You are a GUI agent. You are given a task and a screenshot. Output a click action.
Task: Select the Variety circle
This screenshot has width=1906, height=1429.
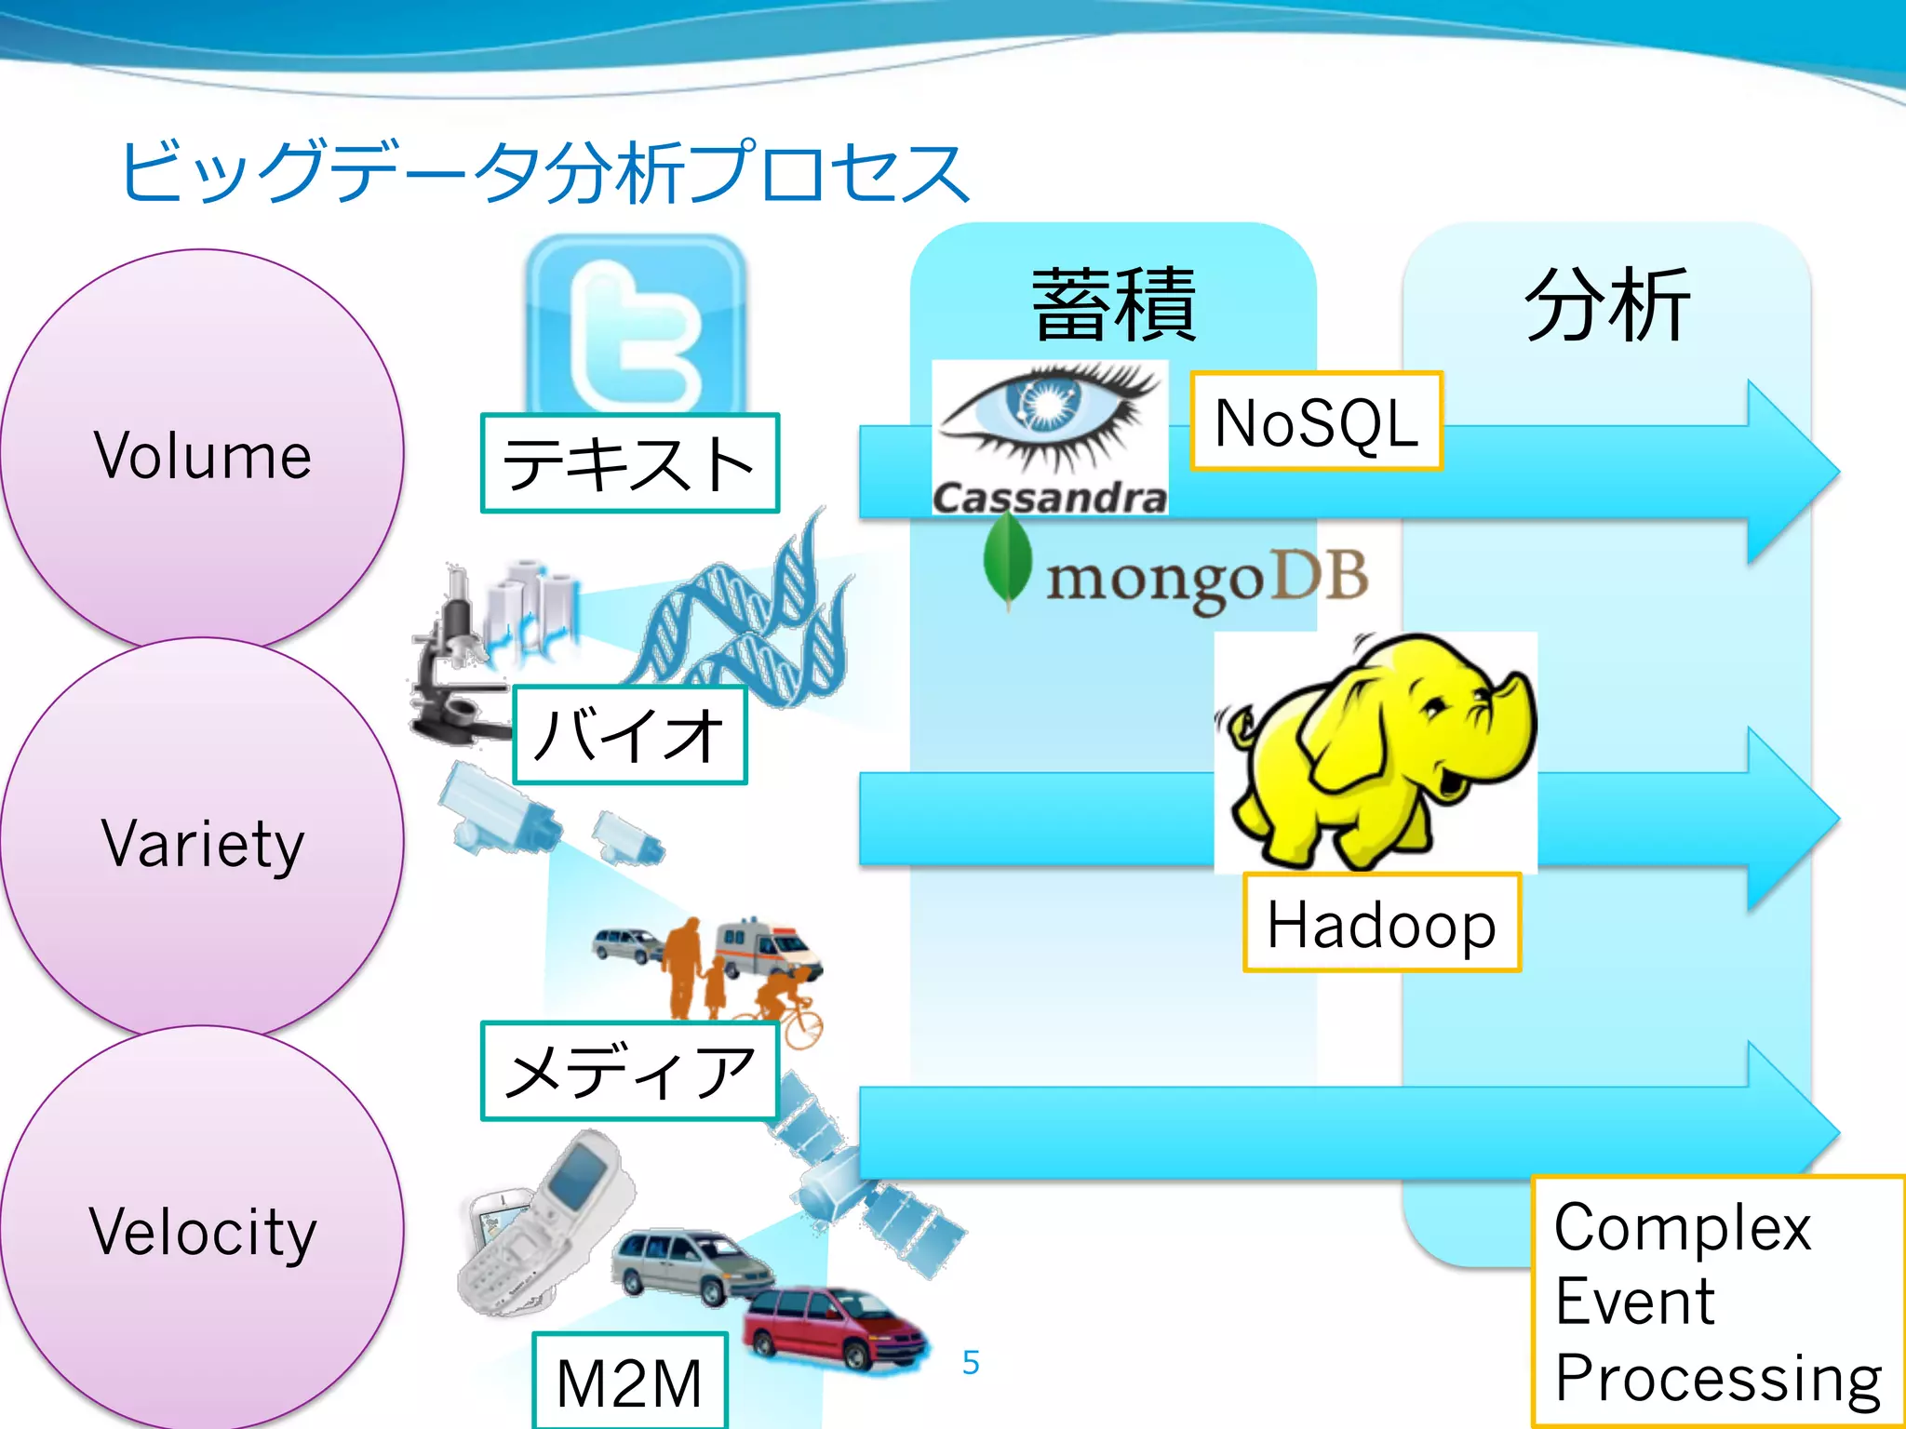click(202, 842)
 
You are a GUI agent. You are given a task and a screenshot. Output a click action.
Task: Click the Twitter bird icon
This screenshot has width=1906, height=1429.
click(636, 326)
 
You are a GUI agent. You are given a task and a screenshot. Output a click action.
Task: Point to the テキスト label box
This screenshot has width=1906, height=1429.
click(629, 463)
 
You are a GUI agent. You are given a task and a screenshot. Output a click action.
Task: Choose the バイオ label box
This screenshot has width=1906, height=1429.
click(629, 735)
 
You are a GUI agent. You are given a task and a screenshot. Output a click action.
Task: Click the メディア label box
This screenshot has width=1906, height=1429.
click(629, 1071)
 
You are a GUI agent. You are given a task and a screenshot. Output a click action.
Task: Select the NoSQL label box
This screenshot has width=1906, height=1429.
click(1316, 421)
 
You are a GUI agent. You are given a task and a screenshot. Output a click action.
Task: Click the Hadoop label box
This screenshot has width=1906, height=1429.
click(1381, 923)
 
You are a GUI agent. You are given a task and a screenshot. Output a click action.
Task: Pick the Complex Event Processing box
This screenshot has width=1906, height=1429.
click(1717, 1302)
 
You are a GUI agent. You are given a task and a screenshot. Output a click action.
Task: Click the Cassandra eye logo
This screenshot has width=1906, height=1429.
click(1050, 419)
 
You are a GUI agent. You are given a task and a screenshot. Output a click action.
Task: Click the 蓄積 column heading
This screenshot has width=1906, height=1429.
click(1113, 304)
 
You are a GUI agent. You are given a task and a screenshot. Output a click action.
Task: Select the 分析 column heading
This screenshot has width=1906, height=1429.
click(1606, 304)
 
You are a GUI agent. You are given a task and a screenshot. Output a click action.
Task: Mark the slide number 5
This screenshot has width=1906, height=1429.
click(971, 1363)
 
